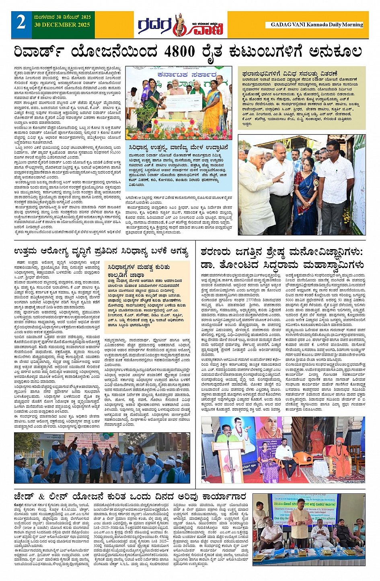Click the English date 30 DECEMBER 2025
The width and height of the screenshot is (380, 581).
(62, 25)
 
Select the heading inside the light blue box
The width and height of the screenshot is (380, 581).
(179, 148)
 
